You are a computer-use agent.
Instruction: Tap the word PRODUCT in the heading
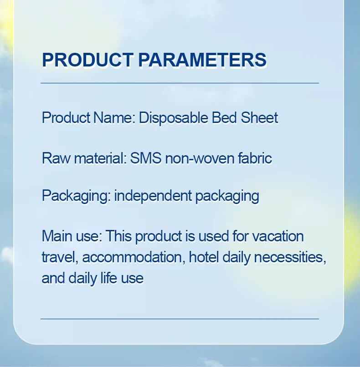click(x=87, y=60)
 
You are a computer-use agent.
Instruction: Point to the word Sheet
click(x=259, y=118)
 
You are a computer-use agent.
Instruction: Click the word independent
click(x=153, y=196)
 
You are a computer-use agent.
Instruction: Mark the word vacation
click(x=278, y=236)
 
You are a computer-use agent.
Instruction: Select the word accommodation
click(x=133, y=257)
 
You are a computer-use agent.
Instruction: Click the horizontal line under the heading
click(x=180, y=83)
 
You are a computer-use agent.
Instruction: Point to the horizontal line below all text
click(x=180, y=319)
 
